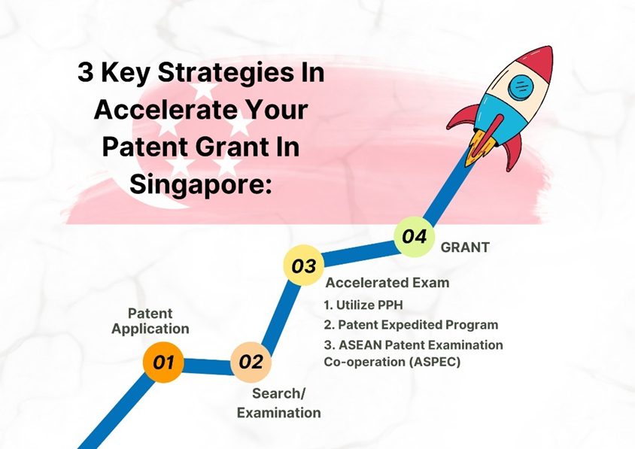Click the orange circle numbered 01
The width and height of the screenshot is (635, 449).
coord(163,362)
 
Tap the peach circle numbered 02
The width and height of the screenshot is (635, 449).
coord(251,362)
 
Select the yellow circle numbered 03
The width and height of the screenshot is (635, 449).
coord(304,265)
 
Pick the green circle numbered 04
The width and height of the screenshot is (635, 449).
coord(415,236)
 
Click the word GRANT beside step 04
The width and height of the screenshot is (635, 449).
coord(465,247)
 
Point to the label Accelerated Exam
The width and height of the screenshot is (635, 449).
coord(387,283)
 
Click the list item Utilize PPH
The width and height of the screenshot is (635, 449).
coord(363,305)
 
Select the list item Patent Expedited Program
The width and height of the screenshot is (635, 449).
coord(411,325)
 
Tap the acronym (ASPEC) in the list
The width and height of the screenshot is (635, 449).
coord(435,362)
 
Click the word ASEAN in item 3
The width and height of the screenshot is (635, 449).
coord(360,345)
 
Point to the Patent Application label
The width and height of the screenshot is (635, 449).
coord(150,321)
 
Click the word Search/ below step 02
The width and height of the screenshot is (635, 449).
coord(278,393)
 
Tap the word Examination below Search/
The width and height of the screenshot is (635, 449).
coord(278,413)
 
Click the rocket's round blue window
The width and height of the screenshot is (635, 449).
coord(521,86)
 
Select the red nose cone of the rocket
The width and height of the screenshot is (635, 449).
coord(538,62)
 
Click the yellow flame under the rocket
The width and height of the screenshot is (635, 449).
coord(480,146)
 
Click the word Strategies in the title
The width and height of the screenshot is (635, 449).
coord(241,73)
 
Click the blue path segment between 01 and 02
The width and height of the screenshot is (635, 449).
coord(208,366)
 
